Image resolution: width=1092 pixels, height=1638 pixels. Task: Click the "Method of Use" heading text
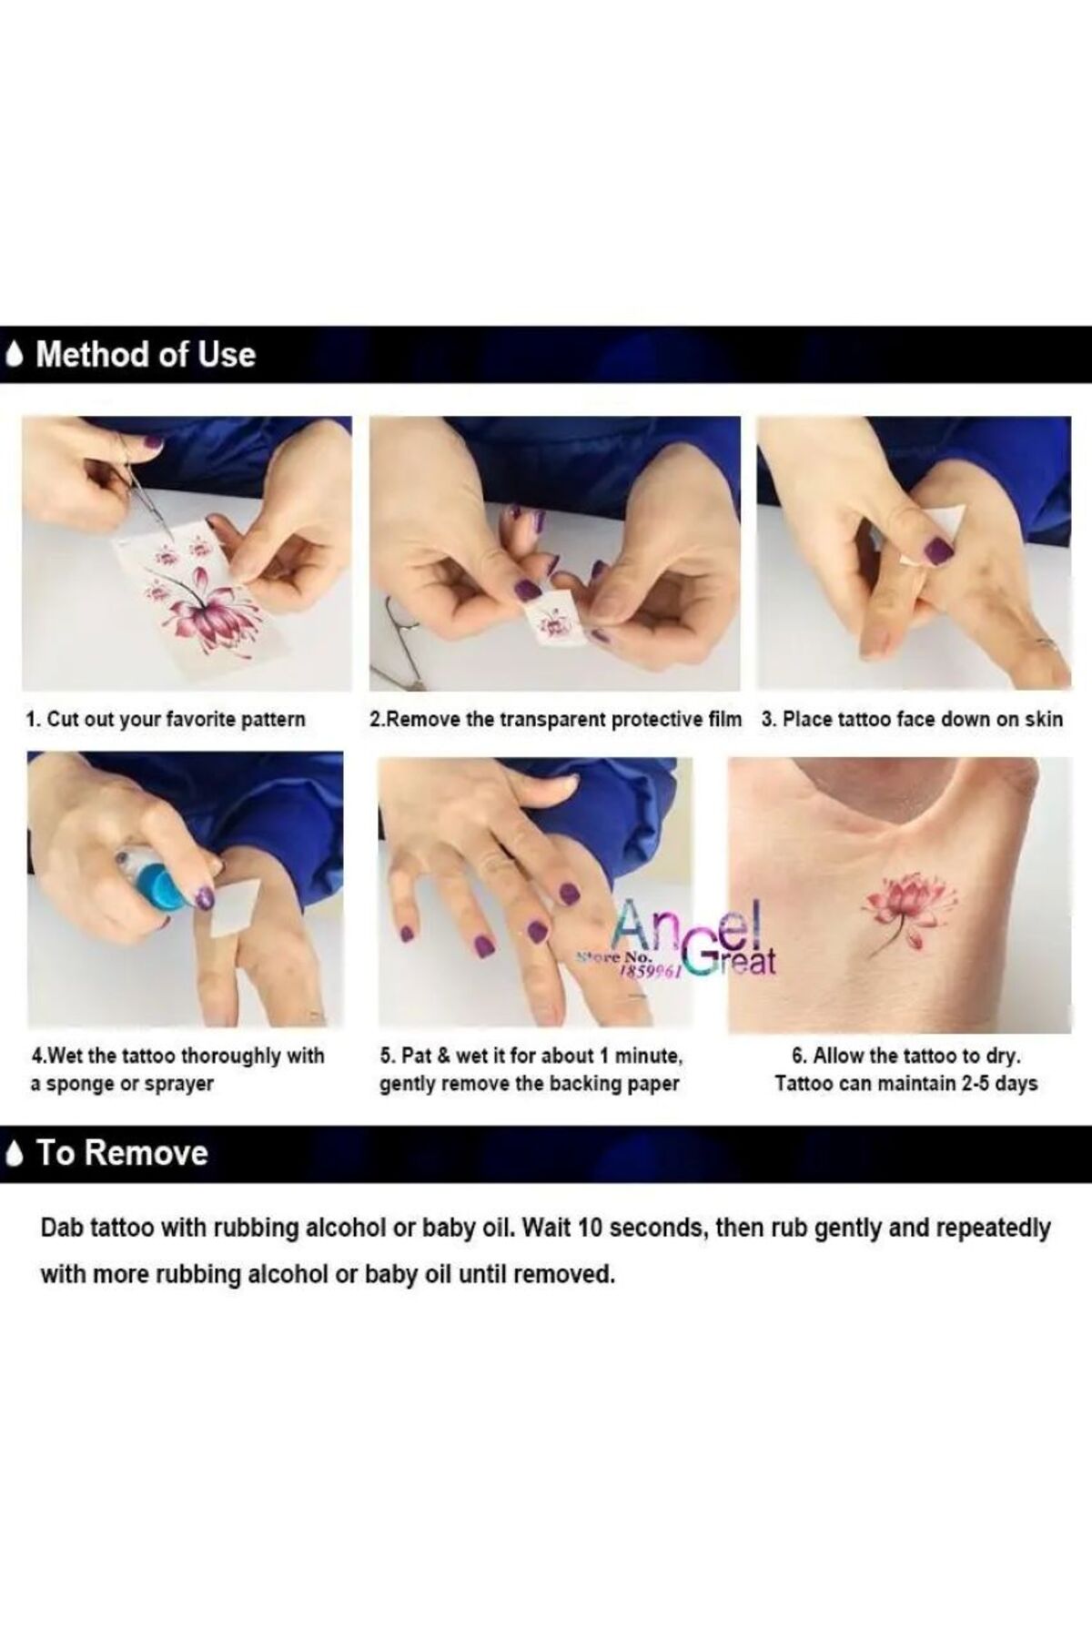coord(146,354)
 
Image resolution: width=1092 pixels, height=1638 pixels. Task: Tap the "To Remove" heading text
coord(123,1153)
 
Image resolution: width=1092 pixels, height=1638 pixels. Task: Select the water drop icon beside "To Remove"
coord(15,1154)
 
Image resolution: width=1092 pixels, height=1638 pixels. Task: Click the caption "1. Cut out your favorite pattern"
coord(166,719)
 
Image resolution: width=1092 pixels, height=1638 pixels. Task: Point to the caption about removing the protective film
coord(555,719)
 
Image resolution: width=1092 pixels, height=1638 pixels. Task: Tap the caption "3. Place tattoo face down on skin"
coord(912,719)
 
